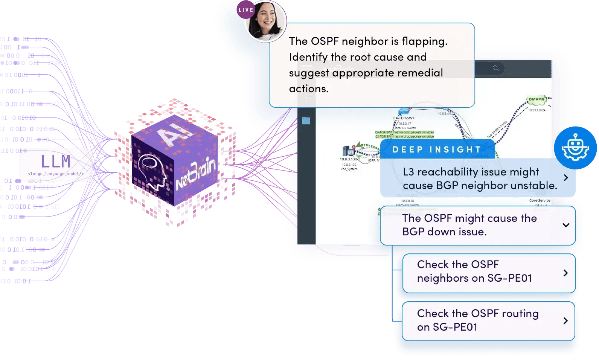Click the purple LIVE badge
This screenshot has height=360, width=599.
click(245, 10)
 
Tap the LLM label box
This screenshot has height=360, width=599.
click(56, 165)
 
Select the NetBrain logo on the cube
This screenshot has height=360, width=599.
click(196, 174)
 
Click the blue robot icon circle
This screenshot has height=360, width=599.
click(575, 148)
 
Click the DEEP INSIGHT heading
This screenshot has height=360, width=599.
click(437, 149)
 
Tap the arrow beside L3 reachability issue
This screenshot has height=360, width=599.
click(565, 178)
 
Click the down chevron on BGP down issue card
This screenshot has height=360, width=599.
click(565, 225)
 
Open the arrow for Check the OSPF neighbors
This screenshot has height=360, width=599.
click(565, 273)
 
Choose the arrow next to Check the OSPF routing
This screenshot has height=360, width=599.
click(565, 321)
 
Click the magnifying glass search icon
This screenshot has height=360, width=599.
click(495, 68)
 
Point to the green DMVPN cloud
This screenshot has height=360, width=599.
click(536, 100)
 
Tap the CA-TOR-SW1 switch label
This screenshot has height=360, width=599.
click(403, 118)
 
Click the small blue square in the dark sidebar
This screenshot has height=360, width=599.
click(306, 121)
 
